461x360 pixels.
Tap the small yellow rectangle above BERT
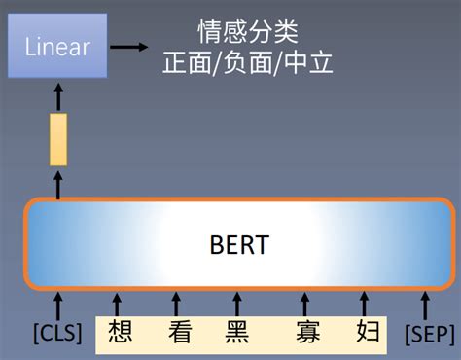(x=57, y=138)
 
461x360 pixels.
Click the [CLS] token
(x=58, y=334)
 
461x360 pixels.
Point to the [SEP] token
(x=428, y=334)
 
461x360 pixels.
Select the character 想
(x=121, y=333)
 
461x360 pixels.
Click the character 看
(x=179, y=333)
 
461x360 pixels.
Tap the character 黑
(x=237, y=333)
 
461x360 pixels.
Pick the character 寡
(x=307, y=333)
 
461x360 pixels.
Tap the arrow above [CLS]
(x=58, y=303)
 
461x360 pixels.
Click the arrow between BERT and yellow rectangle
(x=57, y=185)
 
